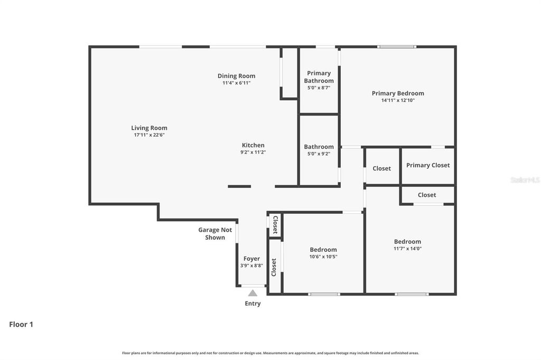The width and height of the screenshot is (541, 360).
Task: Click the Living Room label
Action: [x=149, y=128]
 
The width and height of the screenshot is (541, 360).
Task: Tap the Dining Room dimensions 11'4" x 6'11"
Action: [x=236, y=83]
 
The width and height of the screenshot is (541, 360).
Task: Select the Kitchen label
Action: [x=253, y=145]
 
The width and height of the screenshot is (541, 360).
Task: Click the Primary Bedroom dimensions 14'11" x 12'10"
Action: [x=397, y=100]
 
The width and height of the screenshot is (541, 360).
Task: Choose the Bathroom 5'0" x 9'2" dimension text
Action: [x=319, y=154]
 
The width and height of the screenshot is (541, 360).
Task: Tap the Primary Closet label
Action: [x=428, y=165]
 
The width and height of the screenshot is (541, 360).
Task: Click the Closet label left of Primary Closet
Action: [x=381, y=168]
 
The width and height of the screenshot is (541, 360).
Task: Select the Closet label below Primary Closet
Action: [x=427, y=195]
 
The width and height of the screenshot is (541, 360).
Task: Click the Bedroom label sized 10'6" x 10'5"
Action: [x=323, y=250]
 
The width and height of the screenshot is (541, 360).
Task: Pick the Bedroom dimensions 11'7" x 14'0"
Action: [x=407, y=249]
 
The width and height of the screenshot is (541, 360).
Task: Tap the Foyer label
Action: [x=251, y=259]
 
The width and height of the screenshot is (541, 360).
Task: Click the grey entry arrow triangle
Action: [x=253, y=293]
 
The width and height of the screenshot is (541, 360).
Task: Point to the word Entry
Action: [x=253, y=304]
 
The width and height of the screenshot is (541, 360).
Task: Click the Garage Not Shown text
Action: [x=215, y=233]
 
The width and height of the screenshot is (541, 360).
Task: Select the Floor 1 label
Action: [x=21, y=325]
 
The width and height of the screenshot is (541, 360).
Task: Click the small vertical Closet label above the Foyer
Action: [x=275, y=225]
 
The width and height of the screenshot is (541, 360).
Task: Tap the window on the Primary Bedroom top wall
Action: [x=396, y=47]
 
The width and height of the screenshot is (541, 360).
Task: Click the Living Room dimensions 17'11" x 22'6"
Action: [x=149, y=135]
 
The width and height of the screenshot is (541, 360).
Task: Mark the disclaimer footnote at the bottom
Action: [x=270, y=353]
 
